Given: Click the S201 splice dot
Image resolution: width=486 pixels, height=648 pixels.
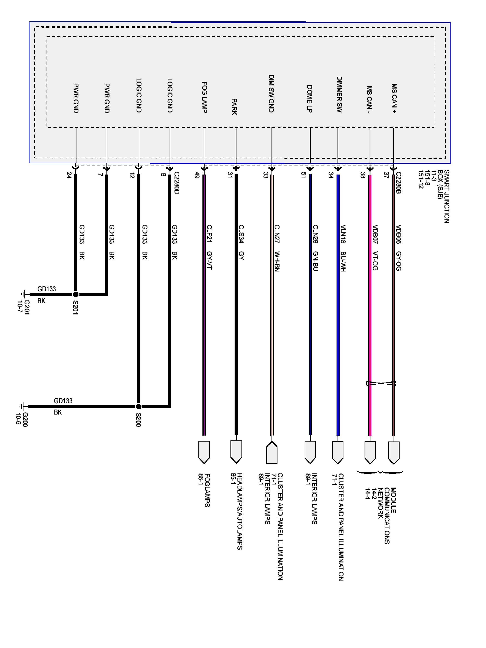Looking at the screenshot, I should (76, 294).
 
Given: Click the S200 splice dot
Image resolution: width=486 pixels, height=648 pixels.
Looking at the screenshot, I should (139, 406).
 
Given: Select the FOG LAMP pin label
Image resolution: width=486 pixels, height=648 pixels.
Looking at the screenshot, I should (205, 98).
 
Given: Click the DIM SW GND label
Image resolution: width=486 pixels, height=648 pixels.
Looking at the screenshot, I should (271, 94).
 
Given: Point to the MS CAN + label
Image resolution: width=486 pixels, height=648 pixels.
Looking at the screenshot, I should (394, 99).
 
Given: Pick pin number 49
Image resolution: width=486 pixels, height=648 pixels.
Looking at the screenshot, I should (197, 175).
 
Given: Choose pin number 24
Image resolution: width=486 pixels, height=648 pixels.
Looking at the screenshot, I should (69, 175).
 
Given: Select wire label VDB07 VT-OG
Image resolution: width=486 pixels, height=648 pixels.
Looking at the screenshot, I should (375, 248).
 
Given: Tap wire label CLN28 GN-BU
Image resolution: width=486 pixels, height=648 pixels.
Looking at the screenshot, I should (315, 248).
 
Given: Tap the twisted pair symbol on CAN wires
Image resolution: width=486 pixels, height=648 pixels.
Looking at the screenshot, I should (381, 383).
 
